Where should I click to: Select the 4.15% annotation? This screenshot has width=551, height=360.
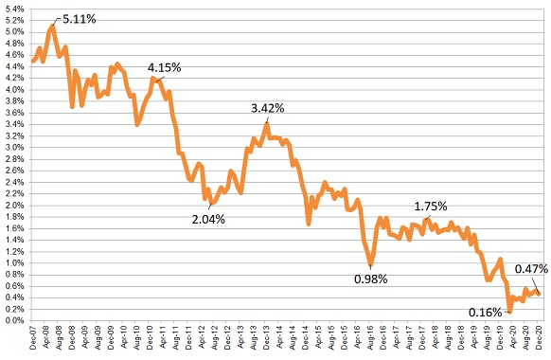(164, 68)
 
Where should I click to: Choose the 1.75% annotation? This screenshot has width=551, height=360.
(431, 206)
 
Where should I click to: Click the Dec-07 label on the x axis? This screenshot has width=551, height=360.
(32, 341)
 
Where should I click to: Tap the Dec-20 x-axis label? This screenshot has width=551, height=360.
(540, 341)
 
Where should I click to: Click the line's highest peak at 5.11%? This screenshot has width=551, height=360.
(52, 25)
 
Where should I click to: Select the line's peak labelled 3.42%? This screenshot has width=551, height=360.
(268, 122)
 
